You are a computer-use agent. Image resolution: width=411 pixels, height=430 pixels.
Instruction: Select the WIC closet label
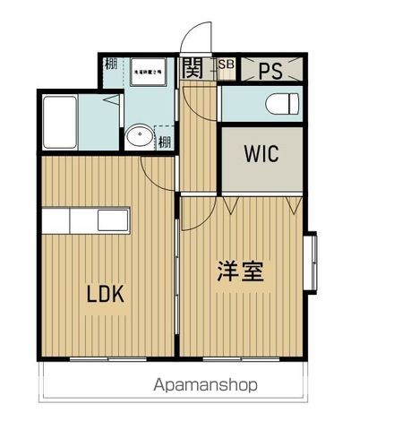(x=261, y=152)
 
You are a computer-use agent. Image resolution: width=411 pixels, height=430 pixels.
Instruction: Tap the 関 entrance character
(x=193, y=67)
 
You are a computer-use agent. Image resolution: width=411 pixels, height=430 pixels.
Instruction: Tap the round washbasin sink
(x=138, y=138)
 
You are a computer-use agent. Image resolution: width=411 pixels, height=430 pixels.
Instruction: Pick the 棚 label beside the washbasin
(x=165, y=141)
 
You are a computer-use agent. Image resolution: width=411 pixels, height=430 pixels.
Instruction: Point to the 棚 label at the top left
(x=109, y=65)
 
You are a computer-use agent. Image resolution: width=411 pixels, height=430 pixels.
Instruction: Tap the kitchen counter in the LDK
(x=85, y=220)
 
